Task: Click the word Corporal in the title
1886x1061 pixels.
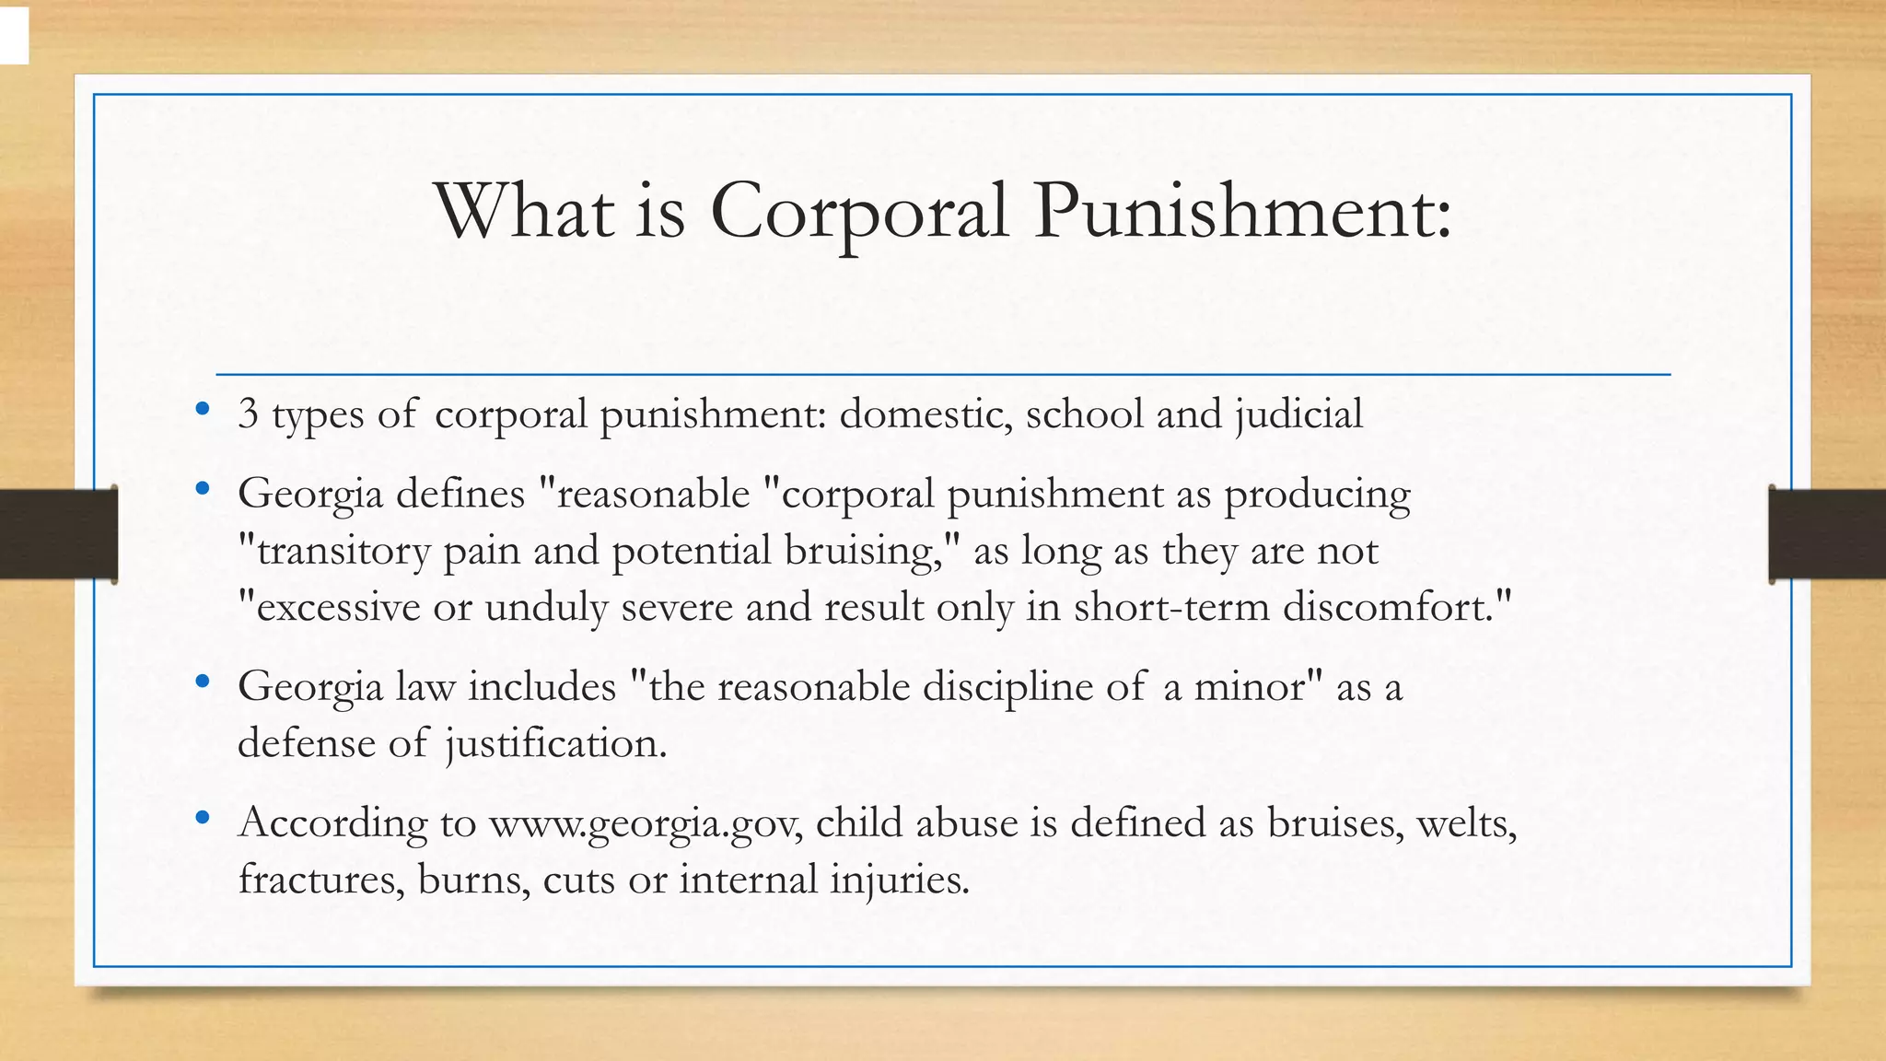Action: pos(858,212)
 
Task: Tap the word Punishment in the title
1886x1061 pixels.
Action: pos(1241,212)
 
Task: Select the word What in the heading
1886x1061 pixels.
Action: pos(525,212)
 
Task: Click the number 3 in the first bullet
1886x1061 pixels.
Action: pos(248,414)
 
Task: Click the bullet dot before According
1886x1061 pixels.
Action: pos(203,818)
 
